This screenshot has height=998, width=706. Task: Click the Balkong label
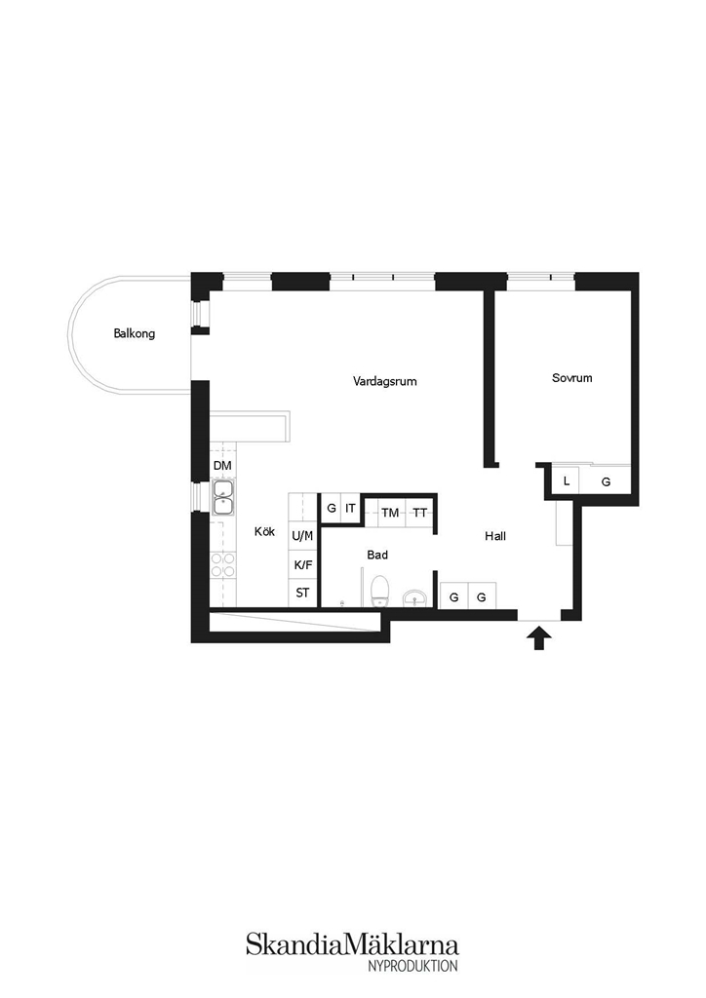[x=135, y=333]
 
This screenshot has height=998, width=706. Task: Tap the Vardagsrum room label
[x=384, y=381]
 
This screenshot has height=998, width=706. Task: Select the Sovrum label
[x=571, y=377]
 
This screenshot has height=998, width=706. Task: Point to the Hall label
[x=495, y=536]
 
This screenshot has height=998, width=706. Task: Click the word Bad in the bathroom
[x=376, y=555]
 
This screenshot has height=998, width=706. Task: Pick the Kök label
[x=265, y=531]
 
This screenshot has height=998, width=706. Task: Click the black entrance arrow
[x=539, y=637]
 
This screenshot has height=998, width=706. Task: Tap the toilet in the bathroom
[x=380, y=590]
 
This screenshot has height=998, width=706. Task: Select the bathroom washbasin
[x=415, y=598]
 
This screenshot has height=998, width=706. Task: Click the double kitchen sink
[x=223, y=497]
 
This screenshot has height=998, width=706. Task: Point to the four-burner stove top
[x=222, y=564]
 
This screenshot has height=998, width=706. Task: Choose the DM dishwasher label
[x=222, y=466]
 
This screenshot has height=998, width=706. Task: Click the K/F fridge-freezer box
[x=302, y=564]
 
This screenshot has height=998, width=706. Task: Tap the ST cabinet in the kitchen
[x=302, y=594]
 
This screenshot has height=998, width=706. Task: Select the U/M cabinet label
[x=302, y=536]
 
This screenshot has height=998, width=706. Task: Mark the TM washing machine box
[x=390, y=513]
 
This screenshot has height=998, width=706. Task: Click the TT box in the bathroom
[x=419, y=513]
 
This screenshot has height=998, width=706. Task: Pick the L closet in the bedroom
[x=566, y=481]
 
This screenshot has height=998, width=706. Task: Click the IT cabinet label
[x=350, y=509]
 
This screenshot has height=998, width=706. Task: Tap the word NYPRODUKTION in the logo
[x=412, y=966]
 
